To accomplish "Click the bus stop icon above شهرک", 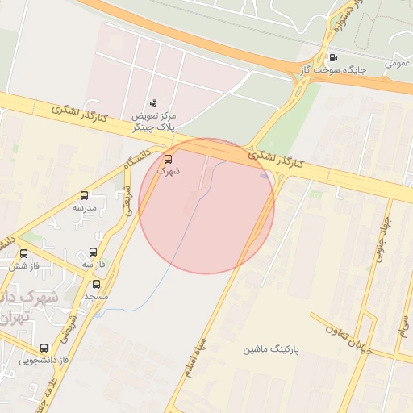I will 168,159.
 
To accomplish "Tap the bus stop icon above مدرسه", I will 85,195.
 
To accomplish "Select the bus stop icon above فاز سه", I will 93,252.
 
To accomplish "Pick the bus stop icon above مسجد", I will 97,284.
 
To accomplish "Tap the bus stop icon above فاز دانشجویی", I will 44,348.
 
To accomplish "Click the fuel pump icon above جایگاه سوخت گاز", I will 333,57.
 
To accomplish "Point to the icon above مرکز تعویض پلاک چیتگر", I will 153,102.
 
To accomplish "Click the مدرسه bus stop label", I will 85,207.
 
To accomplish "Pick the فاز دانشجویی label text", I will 44,360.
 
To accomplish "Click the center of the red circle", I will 206,206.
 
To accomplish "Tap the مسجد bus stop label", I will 97,296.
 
